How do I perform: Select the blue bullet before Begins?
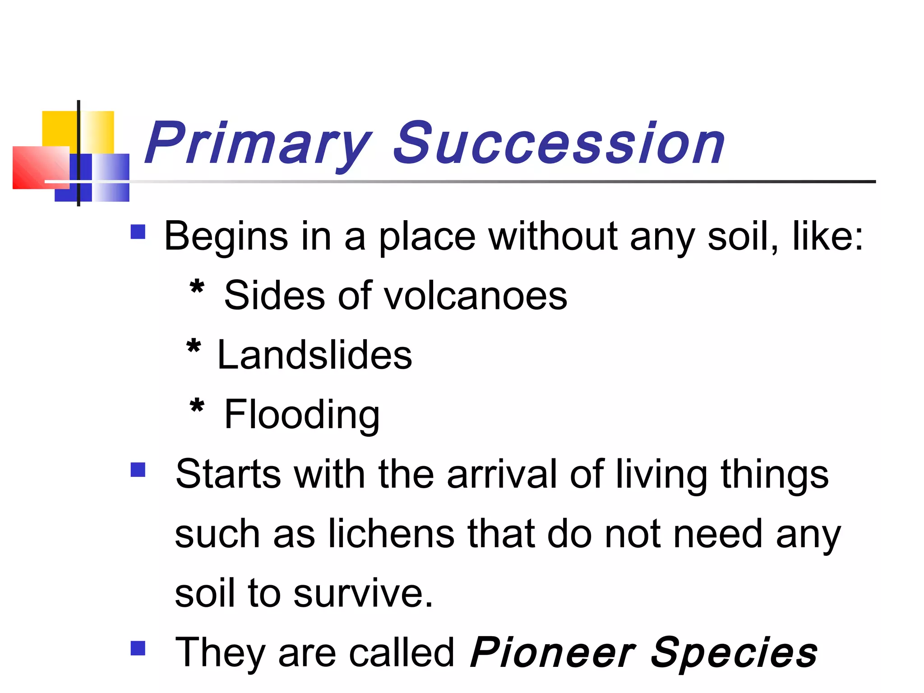pyautogui.click(x=138, y=232)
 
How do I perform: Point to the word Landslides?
pyautogui.click(x=314, y=355)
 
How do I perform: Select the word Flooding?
pyautogui.click(x=302, y=415)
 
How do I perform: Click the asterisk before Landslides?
pyautogui.click(x=194, y=348)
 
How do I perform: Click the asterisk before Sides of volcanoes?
pyautogui.click(x=197, y=288)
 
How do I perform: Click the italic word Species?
pyautogui.click(x=734, y=653)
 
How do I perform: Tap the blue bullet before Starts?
pyautogui.click(x=138, y=470)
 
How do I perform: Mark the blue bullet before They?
pyautogui.click(x=138, y=648)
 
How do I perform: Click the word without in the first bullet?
pyautogui.click(x=553, y=236)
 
